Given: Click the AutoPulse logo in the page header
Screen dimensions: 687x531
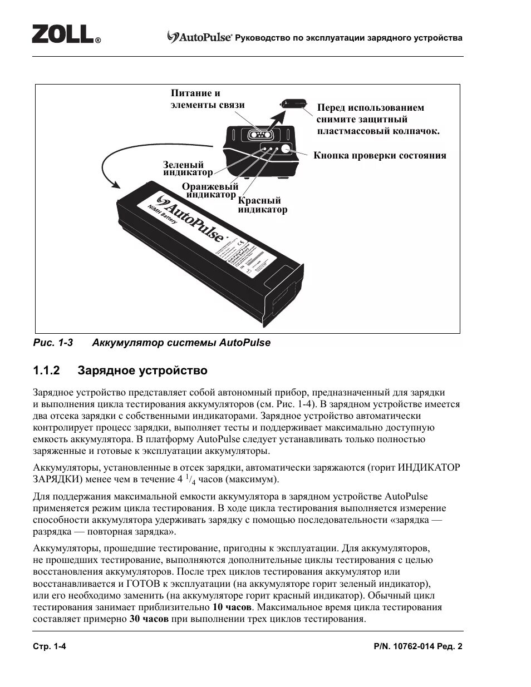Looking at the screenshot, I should pyautogui.click(x=200, y=38).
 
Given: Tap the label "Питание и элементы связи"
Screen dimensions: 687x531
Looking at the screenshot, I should pyautogui.click(x=207, y=99).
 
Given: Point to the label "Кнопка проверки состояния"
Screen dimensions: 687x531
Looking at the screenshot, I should pyautogui.click(x=380, y=155).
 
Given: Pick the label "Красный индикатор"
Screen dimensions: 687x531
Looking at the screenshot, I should pyautogui.click(x=262, y=205).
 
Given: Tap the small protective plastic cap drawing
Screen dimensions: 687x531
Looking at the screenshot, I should pyautogui.click(x=294, y=104).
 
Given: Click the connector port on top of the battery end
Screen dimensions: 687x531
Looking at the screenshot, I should pyautogui.click(x=260, y=135).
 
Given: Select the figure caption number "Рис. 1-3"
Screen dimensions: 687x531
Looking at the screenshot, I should pyautogui.click(x=53, y=343).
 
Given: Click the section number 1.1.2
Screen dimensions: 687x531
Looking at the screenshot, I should pyautogui.click(x=46, y=370).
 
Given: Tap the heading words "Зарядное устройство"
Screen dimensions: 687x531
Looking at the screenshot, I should pyautogui.click(x=142, y=370).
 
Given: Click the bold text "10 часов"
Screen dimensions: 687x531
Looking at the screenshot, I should pyautogui.click(x=232, y=607).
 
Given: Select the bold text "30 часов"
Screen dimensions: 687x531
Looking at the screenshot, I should pyautogui.click(x=149, y=619).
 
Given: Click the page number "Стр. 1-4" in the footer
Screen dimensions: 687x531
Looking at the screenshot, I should pyautogui.click(x=50, y=646).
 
